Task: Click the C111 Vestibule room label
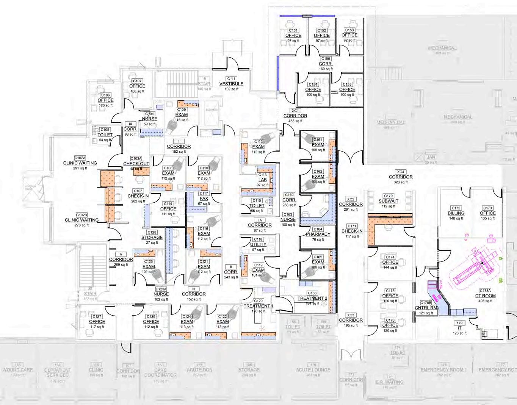click(x=231, y=84)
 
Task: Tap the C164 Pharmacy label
click(x=318, y=234)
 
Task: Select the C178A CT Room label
click(x=485, y=296)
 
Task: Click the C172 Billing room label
click(x=456, y=213)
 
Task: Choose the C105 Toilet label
click(x=105, y=134)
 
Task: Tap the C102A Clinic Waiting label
click(x=80, y=163)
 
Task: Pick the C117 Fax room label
click(x=204, y=198)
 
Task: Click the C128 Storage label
click(x=152, y=237)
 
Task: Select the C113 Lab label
click(x=263, y=180)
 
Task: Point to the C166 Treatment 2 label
click(x=312, y=298)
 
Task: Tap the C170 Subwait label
click(x=389, y=201)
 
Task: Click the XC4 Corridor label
click(x=401, y=177)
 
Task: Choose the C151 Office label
click(x=293, y=35)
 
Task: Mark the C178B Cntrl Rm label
click(x=426, y=308)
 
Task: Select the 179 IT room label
click(x=460, y=328)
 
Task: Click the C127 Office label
click(x=97, y=321)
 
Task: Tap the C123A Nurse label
click(x=161, y=294)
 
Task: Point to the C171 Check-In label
click(x=352, y=231)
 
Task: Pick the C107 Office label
click(x=137, y=86)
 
